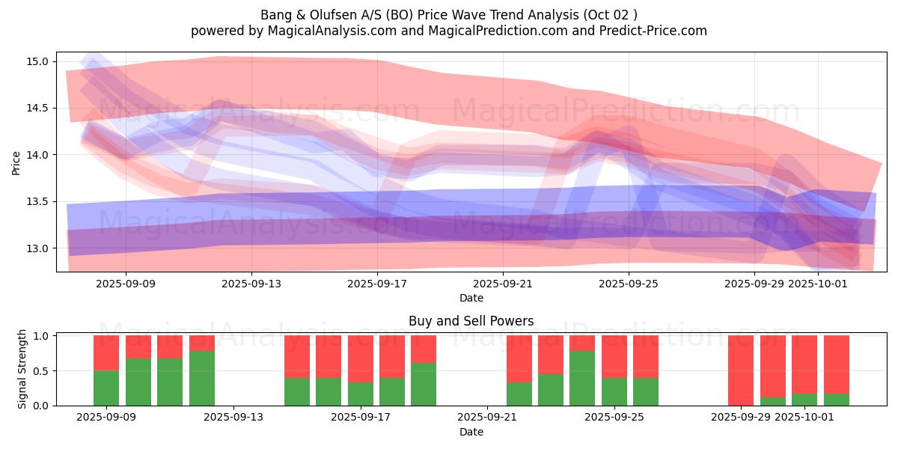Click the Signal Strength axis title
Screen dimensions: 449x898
(x=22, y=369)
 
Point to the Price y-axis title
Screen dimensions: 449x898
(x=16, y=162)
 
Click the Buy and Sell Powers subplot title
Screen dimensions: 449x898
(x=471, y=321)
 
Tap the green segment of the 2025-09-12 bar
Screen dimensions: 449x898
(x=202, y=378)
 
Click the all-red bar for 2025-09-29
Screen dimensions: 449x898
(x=741, y=370)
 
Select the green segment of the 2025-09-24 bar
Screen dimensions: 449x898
(x=582, y=378)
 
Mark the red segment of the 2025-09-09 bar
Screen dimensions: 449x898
(x=106, y=352)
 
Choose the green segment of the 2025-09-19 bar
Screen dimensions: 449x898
(x=424, y=384)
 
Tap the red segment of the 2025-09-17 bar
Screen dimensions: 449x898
(x=392, y=356)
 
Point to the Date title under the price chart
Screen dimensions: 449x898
(x=471, y=298)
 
